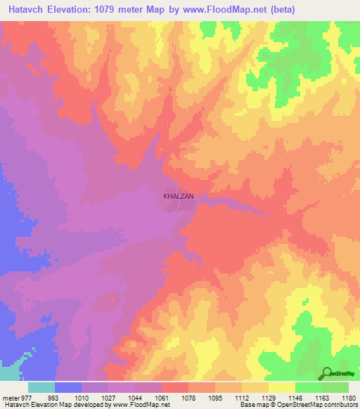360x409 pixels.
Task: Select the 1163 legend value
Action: [x=322, y=397]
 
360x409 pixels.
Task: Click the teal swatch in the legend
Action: [x=41, y=387]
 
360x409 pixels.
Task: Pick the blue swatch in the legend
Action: [x=68, y=387]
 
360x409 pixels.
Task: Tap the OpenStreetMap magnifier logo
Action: [x=326, y=373]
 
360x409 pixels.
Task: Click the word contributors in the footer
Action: [x=337, y=405]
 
